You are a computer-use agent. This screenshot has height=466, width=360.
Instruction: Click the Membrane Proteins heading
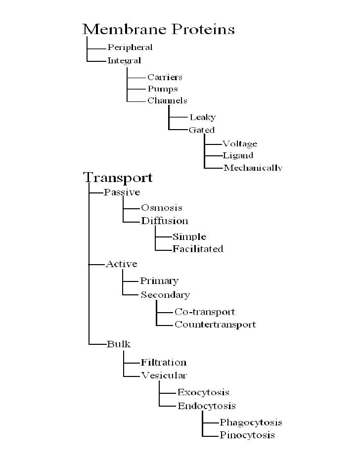[x=158, y=29]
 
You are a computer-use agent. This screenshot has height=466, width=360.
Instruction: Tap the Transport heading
[x=117, y=177]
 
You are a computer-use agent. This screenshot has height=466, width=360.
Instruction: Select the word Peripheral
[x=130, y=48]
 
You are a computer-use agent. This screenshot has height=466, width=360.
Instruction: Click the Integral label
[x=124, y=61]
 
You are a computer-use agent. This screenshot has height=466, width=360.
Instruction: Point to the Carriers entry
[x=165, y=77]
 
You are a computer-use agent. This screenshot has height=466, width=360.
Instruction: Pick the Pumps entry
[x=162, y=89]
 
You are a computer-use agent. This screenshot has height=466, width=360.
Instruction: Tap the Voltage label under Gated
[x=240, y=144]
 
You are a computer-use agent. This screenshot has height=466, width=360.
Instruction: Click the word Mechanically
[x=253, y=168]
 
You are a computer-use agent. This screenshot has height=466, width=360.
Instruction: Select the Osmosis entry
[x=162, y=208]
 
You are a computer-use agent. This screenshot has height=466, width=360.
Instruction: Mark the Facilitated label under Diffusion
[x=198, y=248]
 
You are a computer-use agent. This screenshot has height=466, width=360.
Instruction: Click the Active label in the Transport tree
[x=122, y=264]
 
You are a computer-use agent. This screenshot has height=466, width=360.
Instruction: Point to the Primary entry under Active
[x=159, y=281]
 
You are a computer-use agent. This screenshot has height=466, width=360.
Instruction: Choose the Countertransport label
[x=215, y=325]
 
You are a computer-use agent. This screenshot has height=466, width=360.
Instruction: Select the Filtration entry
[x=164, y=363]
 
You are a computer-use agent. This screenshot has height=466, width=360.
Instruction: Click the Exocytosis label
[x=203, y=392]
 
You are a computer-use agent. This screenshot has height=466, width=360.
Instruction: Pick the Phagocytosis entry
[x=251, y=422]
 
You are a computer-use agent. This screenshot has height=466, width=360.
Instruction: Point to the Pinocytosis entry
[x=247, y=435]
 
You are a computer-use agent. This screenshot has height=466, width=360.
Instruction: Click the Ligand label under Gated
[x=238, y=156]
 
